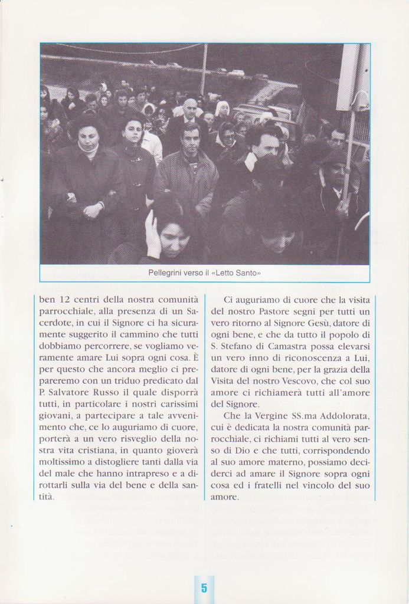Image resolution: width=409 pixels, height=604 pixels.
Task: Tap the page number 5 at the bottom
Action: pyautogui.click(x=204, y=587)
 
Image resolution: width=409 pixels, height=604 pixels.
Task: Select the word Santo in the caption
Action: pyautogui.click(x=247, y=273)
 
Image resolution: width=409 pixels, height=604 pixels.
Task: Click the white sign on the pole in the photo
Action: pyautogui.click(x=352, y=76)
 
